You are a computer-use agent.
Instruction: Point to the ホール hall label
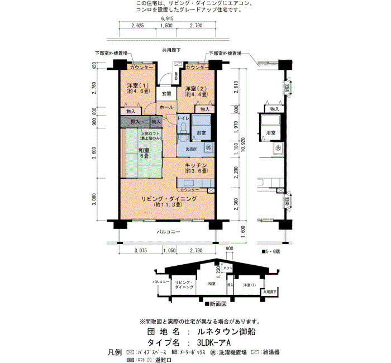click(x=166, y=107)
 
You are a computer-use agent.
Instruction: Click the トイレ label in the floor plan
click(x=183, y=119)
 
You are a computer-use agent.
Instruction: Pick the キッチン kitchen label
click(x=196, y=165)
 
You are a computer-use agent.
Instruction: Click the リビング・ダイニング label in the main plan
click(x=168, y=199)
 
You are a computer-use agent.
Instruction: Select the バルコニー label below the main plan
click(x=168, y=230)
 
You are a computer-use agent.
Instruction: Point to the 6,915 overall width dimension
click(x=168, y=18)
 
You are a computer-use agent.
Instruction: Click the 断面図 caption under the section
click(x=216, y=304)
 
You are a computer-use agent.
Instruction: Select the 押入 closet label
click(x=135, y=121)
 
